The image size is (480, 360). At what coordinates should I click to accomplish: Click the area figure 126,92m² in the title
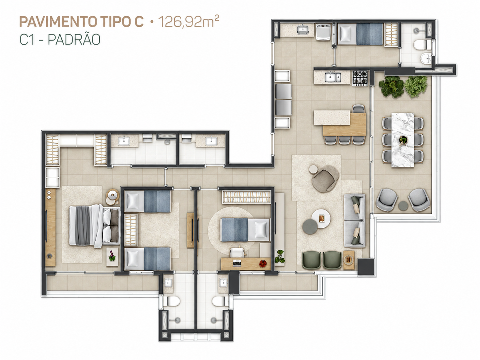pos(189,22)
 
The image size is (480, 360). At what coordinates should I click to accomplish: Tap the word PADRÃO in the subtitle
pos(74,39)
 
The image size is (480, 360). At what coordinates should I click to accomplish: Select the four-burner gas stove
pos(360,78)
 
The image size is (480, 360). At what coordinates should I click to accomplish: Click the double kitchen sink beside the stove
pos(332,77)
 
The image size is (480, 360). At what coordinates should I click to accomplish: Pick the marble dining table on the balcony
pos(402,140)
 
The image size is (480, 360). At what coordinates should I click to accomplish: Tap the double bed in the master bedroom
pos(94,226)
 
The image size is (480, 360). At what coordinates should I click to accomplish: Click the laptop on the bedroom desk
pos(237,263)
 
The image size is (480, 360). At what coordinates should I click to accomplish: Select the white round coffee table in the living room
pos(321,219)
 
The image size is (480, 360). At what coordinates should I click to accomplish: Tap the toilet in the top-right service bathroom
pos(422,45)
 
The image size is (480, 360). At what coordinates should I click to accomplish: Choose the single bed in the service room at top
pos(360,34)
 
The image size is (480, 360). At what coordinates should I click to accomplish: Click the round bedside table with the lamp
pos(113,197)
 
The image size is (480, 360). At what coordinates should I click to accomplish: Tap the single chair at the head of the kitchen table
pos(359,109)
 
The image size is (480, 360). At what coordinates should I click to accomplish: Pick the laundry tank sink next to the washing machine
pos(303,30)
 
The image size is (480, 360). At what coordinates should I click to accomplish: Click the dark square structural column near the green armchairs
pos(366,267)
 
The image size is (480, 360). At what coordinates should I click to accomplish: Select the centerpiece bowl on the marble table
pos(402,139)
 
